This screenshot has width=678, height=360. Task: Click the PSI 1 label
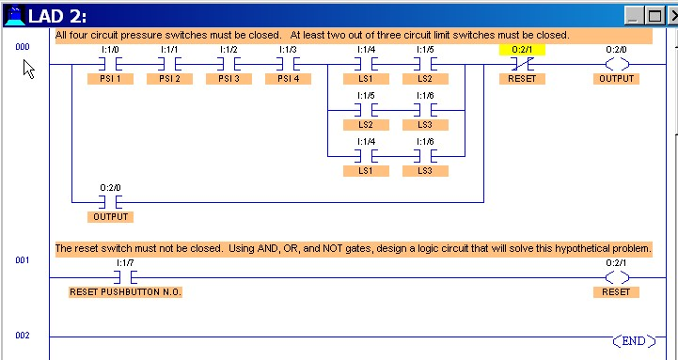tap(110, 79)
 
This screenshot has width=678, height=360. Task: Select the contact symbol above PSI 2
tap(170, 64)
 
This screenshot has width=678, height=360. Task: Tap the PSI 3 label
tap(229, 79)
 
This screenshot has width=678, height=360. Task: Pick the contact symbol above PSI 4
tap(289, 64)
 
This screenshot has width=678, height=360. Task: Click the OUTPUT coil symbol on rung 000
tap(617, 64)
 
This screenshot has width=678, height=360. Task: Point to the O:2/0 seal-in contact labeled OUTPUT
tap(110, 201)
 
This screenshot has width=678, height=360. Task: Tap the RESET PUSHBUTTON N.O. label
tap(125, 292)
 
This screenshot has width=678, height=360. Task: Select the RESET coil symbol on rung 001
tap(617, 277)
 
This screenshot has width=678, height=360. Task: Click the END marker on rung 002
tap(634, 338)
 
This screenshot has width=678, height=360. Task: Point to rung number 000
tap(23, 46)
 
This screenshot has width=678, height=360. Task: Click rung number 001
tap(23, 259)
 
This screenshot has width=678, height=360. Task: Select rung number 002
tap(23, 336)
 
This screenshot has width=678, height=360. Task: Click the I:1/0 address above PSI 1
tap(110, 49)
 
